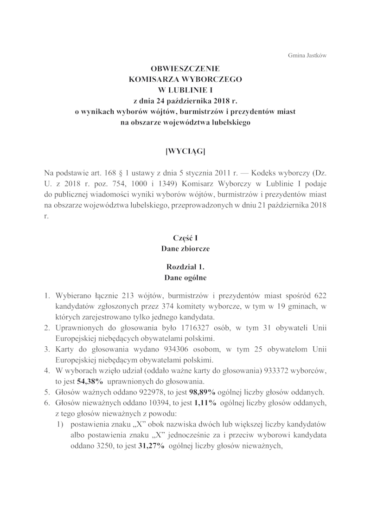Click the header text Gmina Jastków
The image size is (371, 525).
[x=308, y=55]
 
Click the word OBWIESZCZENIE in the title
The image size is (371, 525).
[x=185, y=68]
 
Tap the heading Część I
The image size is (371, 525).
[x=185, y=238]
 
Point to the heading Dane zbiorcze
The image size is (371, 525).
[x=185, y=249]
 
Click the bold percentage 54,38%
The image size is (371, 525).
[x=90, y=381]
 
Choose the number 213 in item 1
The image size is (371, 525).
[x=129, y=296]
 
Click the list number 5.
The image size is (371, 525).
[x=47, y=391]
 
